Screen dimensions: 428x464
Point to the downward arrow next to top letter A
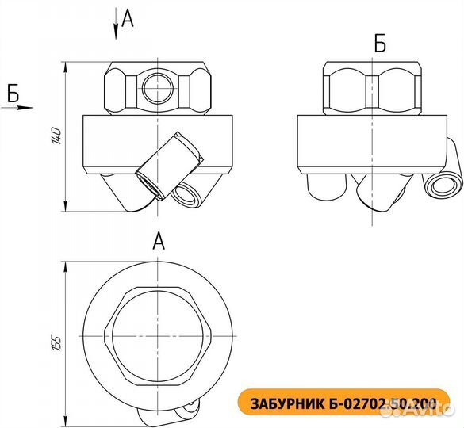116,23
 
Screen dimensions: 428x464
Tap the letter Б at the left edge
12,92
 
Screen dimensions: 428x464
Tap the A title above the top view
158,241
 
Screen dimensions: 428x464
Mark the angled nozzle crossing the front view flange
163,162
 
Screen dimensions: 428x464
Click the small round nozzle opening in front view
188,193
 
